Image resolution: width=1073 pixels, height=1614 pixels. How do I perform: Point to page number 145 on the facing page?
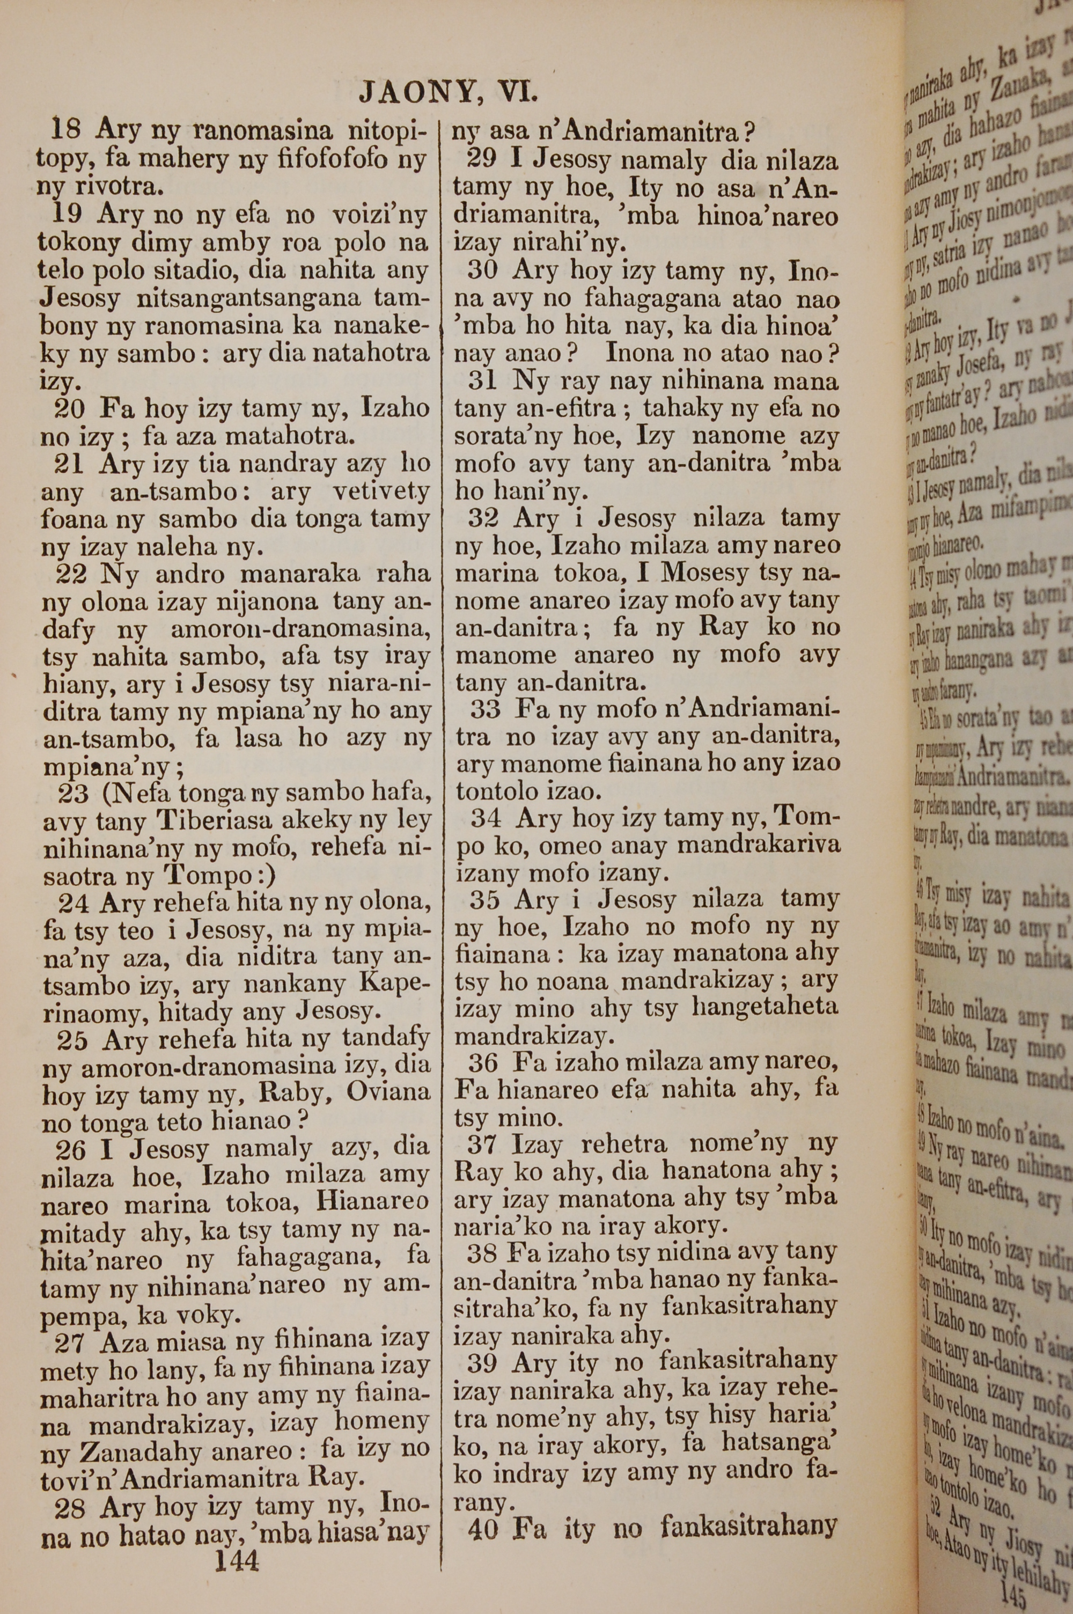(x=1012, y=1593)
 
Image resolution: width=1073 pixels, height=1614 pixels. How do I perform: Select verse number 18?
(x=67, y=129)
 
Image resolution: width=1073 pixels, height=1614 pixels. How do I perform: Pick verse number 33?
(x=485, y=709)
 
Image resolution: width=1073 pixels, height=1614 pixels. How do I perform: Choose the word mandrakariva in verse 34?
(x=758, y=846)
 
